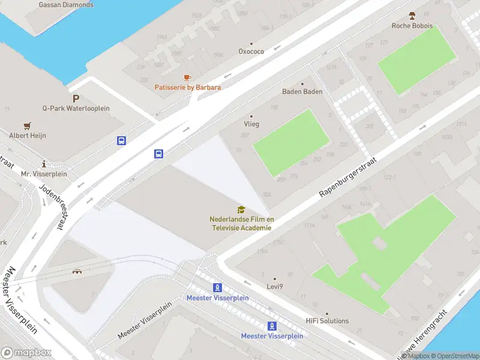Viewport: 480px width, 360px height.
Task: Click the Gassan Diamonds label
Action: click(x=66, y=5)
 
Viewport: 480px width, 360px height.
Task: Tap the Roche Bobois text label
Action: click(x=412, y=26)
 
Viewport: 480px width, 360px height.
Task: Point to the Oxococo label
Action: click(x=251, y=52)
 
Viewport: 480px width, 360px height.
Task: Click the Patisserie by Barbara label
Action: click(x=188, y=88)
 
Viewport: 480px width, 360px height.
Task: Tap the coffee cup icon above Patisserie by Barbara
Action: click(x=187, y=77)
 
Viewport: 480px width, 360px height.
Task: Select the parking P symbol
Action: click(x=76, y=98)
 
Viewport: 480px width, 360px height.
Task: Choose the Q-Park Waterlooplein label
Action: click(x=76, y=109)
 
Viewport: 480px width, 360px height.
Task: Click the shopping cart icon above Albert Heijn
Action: click(x=28, y=126)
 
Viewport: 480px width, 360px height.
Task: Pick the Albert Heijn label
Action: click(x=28, y=136)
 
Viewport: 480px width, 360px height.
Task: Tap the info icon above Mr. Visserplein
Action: click(x=44, y=164)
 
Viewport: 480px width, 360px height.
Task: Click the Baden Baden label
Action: click(x=302, y=92)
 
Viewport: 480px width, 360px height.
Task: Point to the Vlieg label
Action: click(x=251, y=124)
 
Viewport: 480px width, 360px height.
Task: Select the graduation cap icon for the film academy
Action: click(x=241, y=209)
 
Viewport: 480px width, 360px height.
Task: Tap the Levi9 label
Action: click(x=275, y=287)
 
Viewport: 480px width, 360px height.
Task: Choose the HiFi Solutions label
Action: click(x=326, y=321)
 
